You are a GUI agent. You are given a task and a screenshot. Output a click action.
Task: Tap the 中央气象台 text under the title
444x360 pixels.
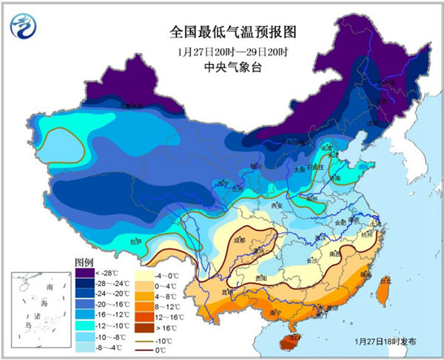(222, 68)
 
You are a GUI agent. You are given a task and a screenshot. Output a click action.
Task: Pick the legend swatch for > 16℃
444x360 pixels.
(141, 325)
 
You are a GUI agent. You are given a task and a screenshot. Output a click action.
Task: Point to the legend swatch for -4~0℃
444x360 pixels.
(141, 272)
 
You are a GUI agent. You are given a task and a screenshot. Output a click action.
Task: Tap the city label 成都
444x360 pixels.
(236, 240)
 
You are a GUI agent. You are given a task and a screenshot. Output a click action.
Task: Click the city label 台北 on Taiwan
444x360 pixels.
(384, 281)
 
